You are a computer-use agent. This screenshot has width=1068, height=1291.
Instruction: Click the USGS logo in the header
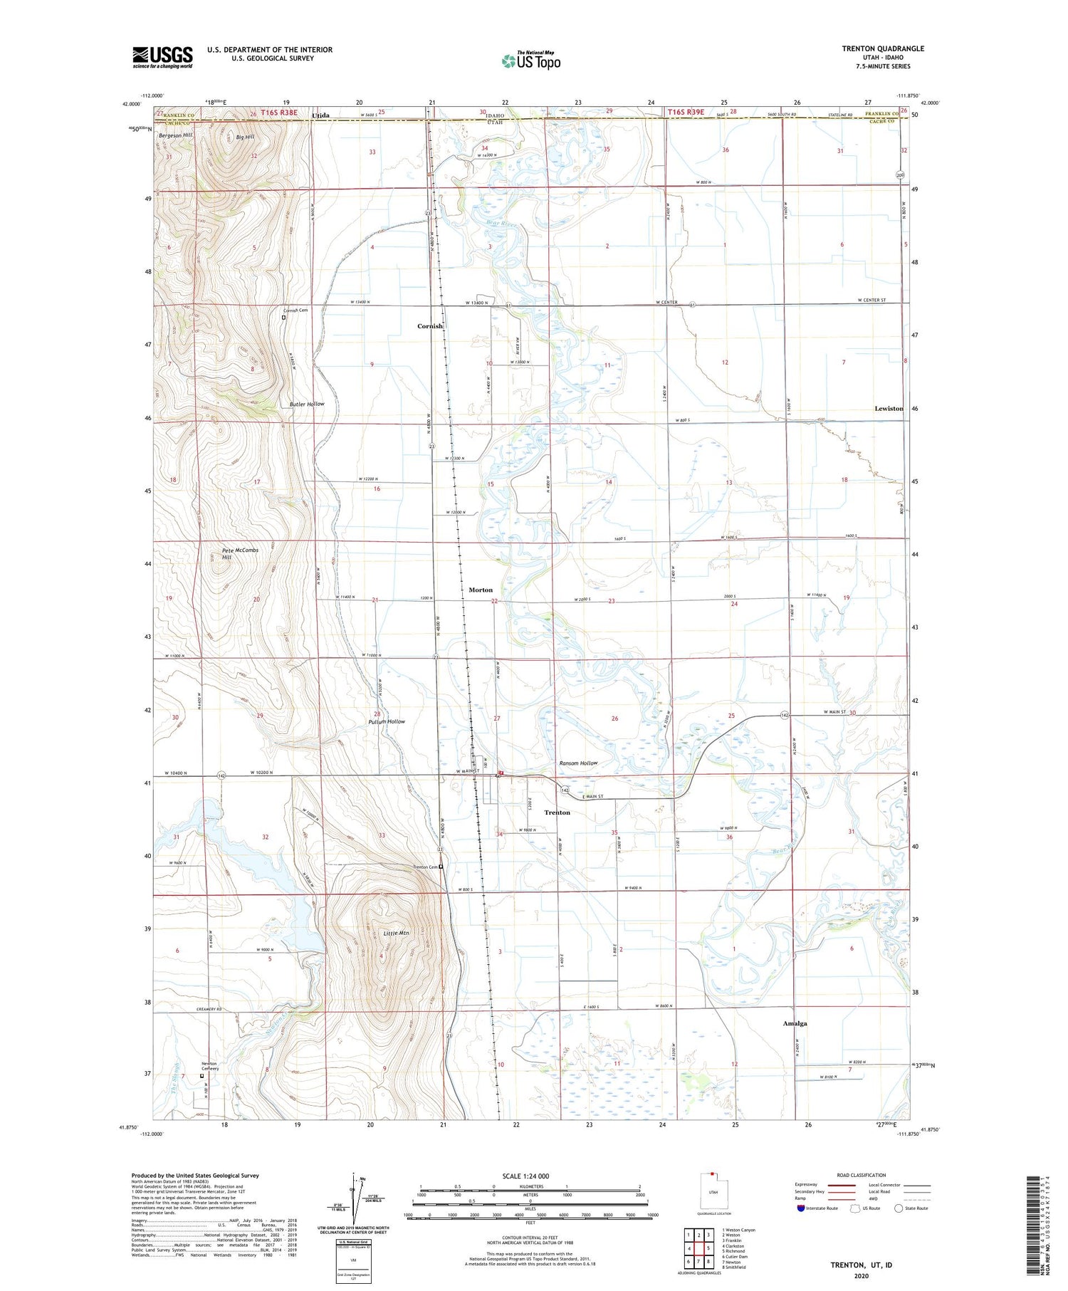click(162, 57)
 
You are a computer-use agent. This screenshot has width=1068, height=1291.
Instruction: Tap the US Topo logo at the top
click(531, 61)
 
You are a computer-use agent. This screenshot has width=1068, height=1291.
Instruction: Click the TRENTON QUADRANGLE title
click(883, 48)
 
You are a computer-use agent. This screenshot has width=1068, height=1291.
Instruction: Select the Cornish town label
click(430, 326)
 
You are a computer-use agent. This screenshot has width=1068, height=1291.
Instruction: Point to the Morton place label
click(481, 590)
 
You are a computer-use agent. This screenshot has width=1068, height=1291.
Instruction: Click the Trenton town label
click(557, 812)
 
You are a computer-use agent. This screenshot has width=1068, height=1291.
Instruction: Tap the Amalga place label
click(795, 1023)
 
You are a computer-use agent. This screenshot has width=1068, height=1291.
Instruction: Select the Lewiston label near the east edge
click(889, 409)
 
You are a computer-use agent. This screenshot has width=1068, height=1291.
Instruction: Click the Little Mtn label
click(396, 933)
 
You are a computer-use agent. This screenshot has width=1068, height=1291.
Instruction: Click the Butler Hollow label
click(306, 404)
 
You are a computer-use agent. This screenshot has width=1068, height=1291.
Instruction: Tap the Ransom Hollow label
click(578, 763)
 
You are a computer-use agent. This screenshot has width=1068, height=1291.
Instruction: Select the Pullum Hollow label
click(387, 721)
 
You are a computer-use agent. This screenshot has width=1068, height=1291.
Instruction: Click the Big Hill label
click(245, 137)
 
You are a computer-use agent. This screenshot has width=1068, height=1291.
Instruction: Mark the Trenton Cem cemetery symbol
click(441, 867)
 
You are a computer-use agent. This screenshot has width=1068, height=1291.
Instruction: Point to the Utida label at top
click(321, 114)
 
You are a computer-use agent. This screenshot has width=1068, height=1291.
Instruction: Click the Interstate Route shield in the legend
click(801, 1208)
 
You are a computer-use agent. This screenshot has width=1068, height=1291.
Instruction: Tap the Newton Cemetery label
click(209, 1066)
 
